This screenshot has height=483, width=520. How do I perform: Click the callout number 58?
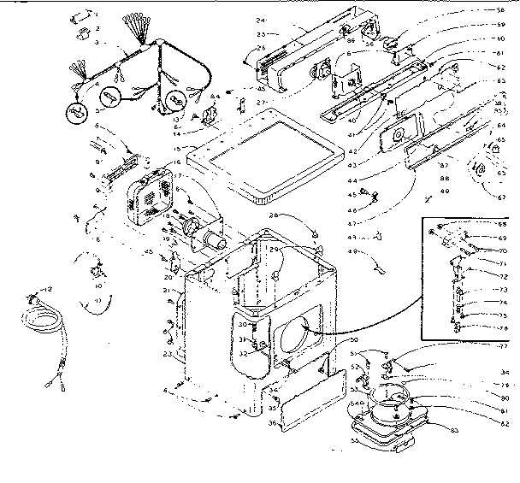500,10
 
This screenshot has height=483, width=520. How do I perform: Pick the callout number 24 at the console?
260,20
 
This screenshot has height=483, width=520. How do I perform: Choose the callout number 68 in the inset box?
502,226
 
